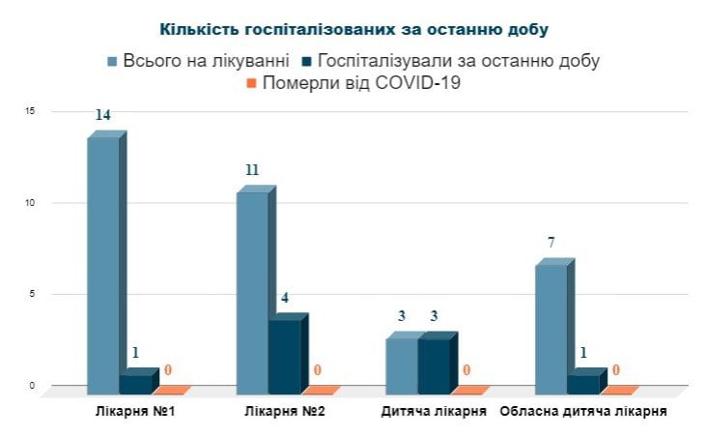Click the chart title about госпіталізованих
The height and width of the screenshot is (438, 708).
pyautogui.click(x=353, y=29)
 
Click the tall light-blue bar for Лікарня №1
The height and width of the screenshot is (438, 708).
pyautogui.click(x=103, y=261)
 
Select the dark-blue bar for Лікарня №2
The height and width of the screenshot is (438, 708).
pyautogui.click(x=284, y=355)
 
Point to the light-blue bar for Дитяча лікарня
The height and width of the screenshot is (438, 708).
pyautogui.click(x=401, y=365)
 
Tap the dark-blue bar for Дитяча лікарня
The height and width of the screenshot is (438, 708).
pyautogui.click(x=434, y=365)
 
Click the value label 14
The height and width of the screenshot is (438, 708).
pyautogui.click(x=102, y=115)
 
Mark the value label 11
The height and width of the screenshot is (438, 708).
pyautogui.click(x=252, y=170)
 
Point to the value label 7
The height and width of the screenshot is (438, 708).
pyautogui.click(x=551, y=243)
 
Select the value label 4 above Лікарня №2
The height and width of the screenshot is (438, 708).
pyautogui.click(x=285, y=297)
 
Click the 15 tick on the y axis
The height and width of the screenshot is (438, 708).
pyautogui.click(x=31, y=111)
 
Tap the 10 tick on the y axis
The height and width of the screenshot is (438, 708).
pyautogui.click(x=31, y=203)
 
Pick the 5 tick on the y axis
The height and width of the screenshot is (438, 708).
pyautogui.click(x=31, y=294)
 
